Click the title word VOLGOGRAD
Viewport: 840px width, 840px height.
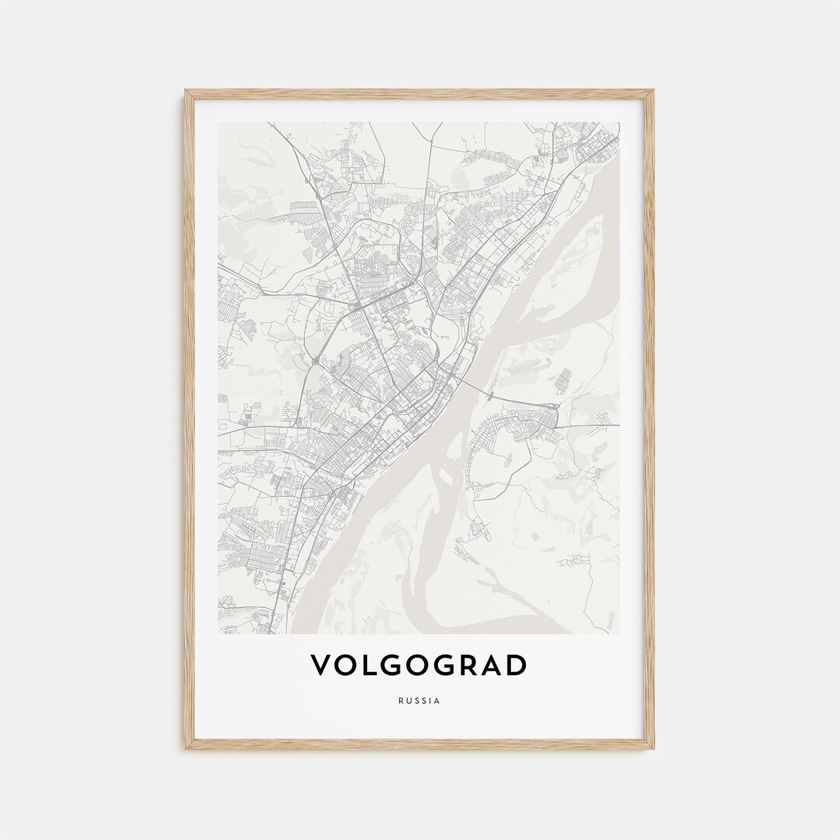pos(418,665)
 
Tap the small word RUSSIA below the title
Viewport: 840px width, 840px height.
pos(418,701)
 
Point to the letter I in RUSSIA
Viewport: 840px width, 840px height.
pos(430,701)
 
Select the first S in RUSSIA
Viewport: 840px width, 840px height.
pos(415,701)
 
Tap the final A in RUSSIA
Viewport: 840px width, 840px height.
pos(437,701)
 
